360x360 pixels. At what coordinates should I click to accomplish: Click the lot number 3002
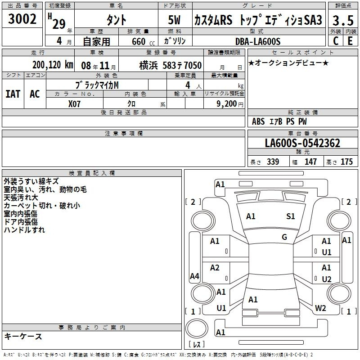[x=22, y=19]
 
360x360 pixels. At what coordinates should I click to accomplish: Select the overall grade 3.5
[x=343, y=20]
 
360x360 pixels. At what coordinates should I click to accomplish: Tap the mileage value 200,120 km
[x=53, y=65]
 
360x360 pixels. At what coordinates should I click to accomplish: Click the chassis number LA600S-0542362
[x=302, y=143]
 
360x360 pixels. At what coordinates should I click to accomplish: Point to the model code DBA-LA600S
[x=258, y=41]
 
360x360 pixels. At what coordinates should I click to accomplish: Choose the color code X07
[x=74, y=104]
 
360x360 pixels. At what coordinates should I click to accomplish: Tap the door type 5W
[x=174, y=20]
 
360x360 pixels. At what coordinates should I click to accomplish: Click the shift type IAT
[x=13, y=94]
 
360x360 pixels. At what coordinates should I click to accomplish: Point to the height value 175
[x=346, y=162]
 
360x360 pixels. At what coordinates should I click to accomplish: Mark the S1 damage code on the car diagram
[x=290, y=216]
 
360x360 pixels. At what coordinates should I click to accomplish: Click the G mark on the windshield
[x=284, y=237]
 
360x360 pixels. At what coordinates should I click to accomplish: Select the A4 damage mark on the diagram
[x=194, y=276]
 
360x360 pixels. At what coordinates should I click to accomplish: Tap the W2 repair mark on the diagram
[x=320, y=308]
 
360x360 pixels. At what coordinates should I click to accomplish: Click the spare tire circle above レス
[x=197, y=328]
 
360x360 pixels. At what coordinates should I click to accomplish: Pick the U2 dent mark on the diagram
[x=327, y=279]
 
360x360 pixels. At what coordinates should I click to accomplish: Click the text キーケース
[x=23, y=336]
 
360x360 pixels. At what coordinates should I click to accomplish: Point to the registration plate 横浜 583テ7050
[x=171, y=65]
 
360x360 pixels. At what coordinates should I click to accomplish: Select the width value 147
[x=310, y=162]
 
